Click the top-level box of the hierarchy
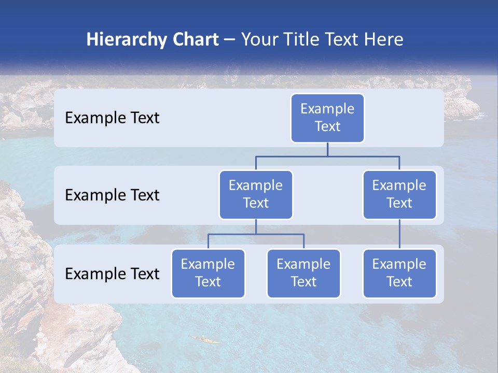(327, 118)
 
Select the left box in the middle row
(256, 194)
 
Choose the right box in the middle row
(399, 194)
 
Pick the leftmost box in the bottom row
(208, 273)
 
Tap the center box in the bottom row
(303, 273)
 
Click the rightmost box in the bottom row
(399, 273)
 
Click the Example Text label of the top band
(112, 118)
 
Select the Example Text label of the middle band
(112, 195)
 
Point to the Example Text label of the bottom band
(112, 274)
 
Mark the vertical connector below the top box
(327, 149)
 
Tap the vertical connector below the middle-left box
(256, 226)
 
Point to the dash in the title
(230, 40)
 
